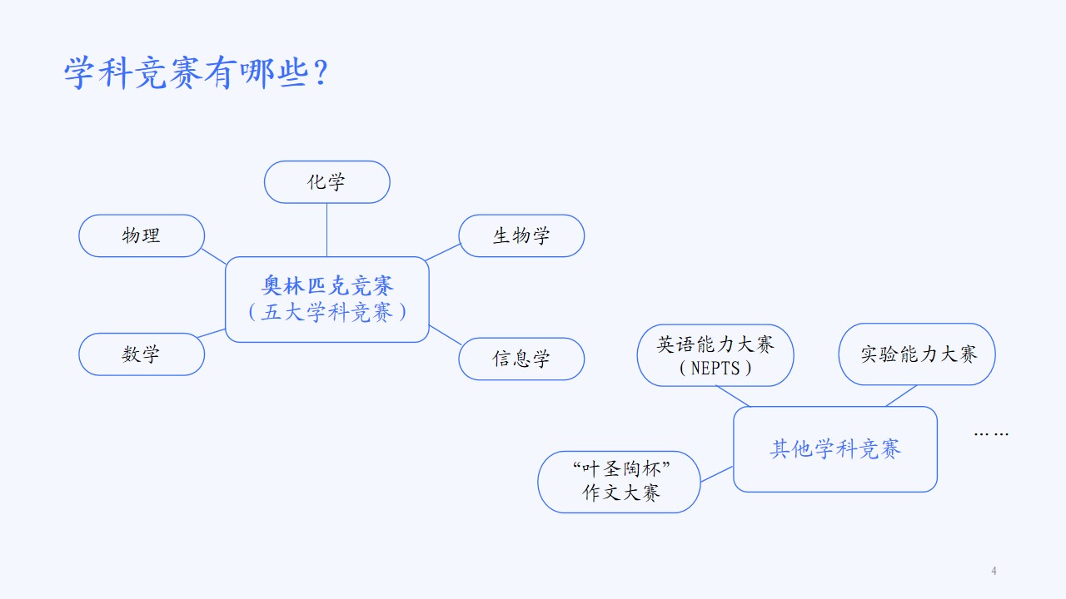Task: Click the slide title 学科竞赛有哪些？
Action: [x=196, y=72]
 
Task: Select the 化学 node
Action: [x=327, y=182]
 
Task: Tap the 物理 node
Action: [x=142, y=235]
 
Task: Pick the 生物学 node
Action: [x=521, y=235]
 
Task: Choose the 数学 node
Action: [x=142, y=354]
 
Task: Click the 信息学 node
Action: [x=521, y=359]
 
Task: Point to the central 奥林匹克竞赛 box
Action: [x=327, y=299]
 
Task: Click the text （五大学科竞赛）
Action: [x=327, y=312]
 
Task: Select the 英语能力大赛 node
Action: [x=715, y=355]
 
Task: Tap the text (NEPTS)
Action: [x=715, y=368]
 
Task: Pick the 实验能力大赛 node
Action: [x=917, y=354]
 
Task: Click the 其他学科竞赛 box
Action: [x=835, y=449]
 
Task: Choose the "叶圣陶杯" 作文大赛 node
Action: [x=619, y=482]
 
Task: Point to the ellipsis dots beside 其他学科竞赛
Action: [x=991, y=434]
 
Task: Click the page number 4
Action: [x=994, y=571]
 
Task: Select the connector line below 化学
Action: [x=327, y=230]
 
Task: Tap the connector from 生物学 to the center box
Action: [x=444, y=252]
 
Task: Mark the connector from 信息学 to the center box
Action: [x=446, y=335]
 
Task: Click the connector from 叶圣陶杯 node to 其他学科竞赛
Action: [x=717, y=474]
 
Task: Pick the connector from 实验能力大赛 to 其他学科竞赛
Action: [x=901, y=396]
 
